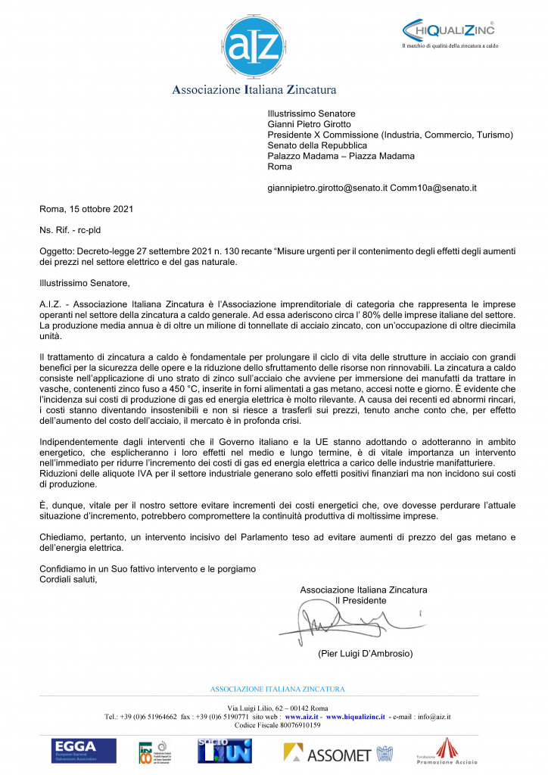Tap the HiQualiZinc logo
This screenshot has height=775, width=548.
449,30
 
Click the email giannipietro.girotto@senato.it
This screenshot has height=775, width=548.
328,187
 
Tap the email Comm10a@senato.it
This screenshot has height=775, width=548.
433,187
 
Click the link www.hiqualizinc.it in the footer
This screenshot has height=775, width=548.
355,715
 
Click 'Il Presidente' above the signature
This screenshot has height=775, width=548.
360,600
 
